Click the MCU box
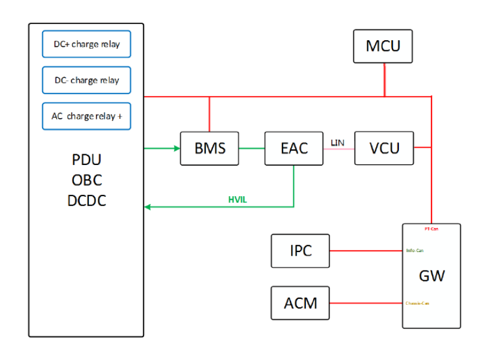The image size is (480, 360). (x=383, y=46)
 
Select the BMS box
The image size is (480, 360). (x=209, y=148)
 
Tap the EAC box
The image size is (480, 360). (x=294, y=148)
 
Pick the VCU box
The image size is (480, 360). (x=384, y=148)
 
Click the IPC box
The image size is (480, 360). (x=301, y=251)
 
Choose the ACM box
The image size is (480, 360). (x=301, y=303)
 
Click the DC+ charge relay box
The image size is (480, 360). (x=86, y=44)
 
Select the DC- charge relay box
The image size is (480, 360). (x=86, y=80)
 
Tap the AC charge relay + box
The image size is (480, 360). (x=86, y=116)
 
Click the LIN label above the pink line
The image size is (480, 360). (x=337, y=142)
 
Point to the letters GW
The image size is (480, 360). (x=431, y=276)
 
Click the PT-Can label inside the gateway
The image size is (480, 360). (x=431, y=229)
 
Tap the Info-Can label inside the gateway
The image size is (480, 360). (x=415, y=250)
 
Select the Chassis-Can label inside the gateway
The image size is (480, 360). (x=418, y=303)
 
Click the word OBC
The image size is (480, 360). (x=86, y=181)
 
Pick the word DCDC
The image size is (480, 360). (x=86, y=200)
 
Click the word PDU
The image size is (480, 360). (x=86, y=161)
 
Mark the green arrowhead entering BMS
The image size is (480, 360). (x=176, y=148)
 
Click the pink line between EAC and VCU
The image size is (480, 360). (x=339, y=148)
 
